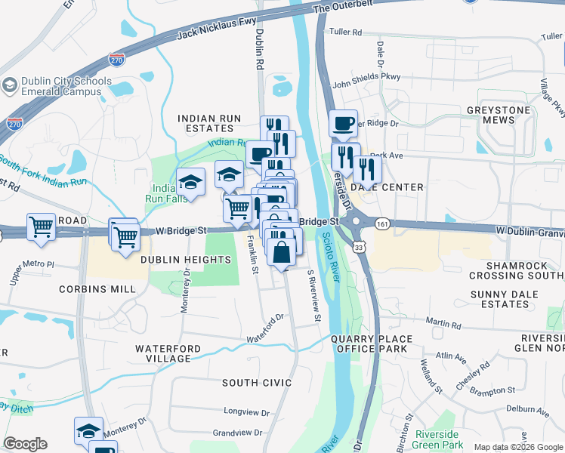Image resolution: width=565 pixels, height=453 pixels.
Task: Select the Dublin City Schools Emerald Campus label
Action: click(62, 87)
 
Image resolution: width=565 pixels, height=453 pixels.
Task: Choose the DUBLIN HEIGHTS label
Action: click(185, 260)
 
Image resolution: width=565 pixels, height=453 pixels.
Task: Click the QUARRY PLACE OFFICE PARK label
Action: click(372, 344)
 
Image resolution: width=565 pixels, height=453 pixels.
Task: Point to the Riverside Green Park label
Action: click(437, 439)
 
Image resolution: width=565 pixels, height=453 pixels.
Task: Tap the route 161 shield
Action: click(383, 224)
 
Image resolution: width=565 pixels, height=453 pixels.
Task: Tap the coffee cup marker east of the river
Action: click(343, 123)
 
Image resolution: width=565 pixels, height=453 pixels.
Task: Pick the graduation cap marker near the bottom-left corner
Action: click(88, 430)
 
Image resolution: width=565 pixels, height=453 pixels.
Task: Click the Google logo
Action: click(25, 444)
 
